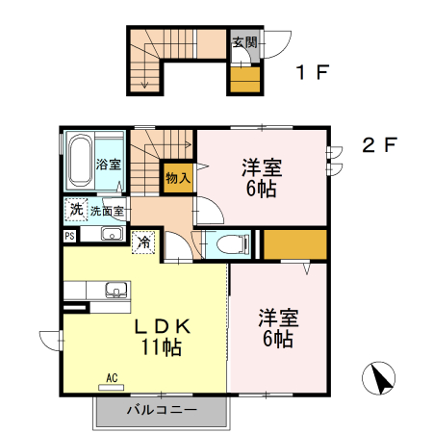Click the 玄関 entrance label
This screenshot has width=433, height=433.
pos(244,42)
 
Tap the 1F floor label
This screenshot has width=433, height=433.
pos(307,71)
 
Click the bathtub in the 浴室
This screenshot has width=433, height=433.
pos(80,161)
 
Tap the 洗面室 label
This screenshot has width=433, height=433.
pos(107,211)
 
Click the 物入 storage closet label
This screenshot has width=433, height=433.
pos(177,177)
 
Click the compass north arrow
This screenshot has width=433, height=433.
pos(382,378)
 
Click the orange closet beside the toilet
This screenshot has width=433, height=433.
pos(294,244)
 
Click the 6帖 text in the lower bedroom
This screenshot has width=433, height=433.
pos(277,338)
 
